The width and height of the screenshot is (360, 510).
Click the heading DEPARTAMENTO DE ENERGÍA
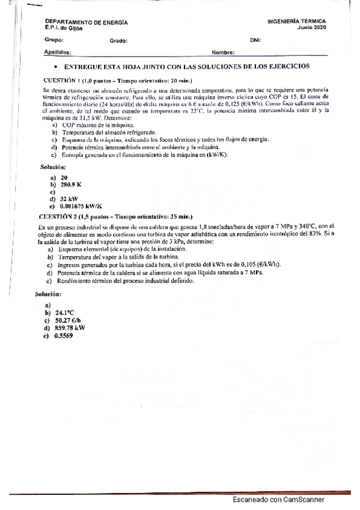(78, 22)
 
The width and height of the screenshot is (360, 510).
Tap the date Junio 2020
(309, 28)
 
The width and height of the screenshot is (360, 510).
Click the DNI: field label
(255, 40)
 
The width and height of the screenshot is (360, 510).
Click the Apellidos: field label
(58, 52)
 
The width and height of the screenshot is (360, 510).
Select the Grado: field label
(118, 41)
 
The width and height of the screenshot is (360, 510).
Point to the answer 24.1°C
(64, 313)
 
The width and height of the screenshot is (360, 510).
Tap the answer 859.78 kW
(70, 328)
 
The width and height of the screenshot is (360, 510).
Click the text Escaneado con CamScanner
(278, 499)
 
